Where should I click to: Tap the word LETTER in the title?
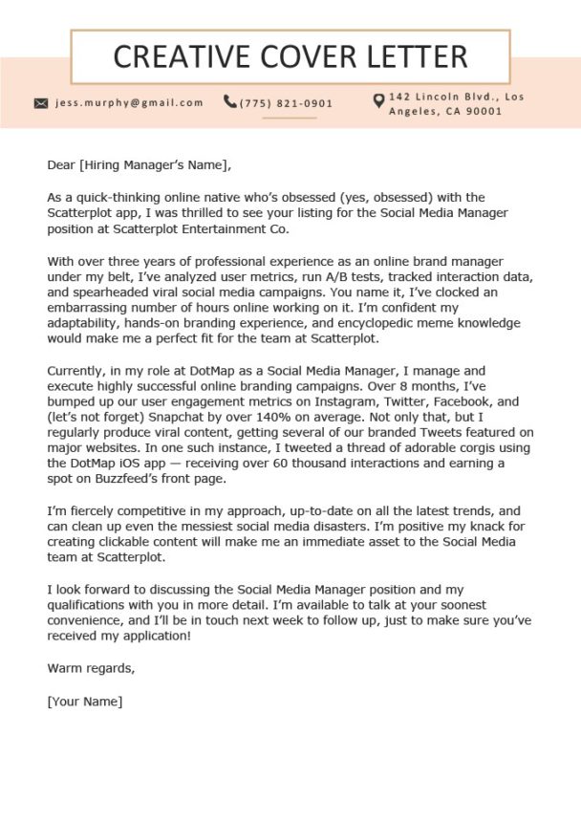(x=417, y=57)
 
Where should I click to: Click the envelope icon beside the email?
(x=41, y=103)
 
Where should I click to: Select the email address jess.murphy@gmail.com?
(x=129, y=103)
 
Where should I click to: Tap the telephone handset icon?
(x=230, y=101)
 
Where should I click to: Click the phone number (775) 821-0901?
(x=287, y=103)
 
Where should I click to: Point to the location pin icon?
(x=378, y=100)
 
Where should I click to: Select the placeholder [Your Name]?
(x=84, y=701)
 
